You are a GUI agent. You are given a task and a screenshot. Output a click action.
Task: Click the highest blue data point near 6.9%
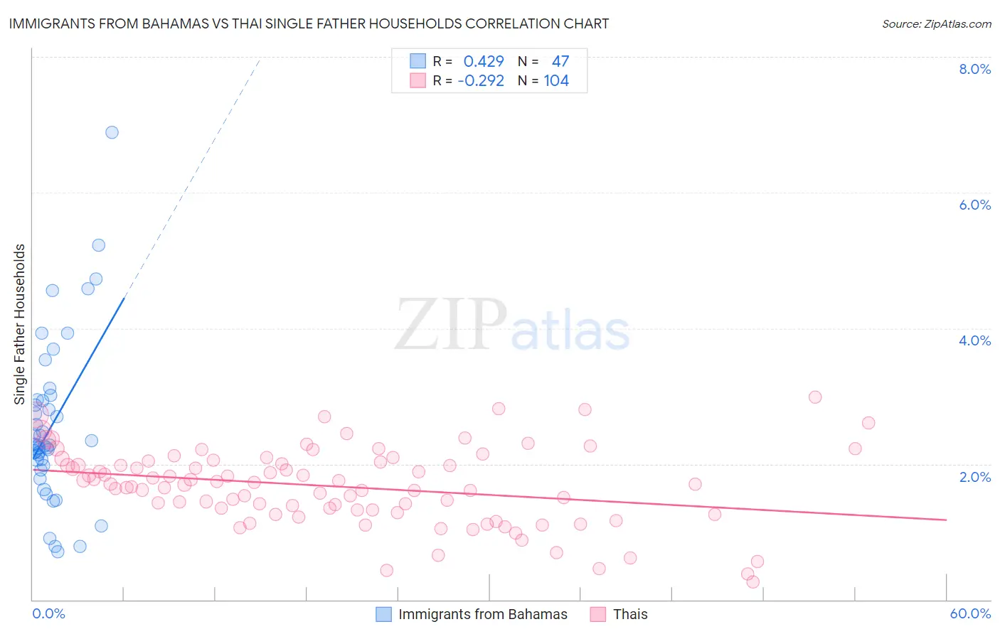tap(112, 132)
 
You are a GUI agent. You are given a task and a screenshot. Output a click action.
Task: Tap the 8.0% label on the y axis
tap(974, 69)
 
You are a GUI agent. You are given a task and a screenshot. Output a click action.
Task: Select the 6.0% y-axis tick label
tap(974, 205)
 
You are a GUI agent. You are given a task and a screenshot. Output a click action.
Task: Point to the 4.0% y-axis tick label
tap(974, 340)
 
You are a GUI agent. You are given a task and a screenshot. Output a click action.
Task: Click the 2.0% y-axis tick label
tap(974, 477)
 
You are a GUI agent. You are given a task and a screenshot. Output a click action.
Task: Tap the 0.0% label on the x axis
tap(48, 613)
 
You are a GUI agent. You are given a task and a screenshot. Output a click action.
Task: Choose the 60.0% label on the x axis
tap(969, 613)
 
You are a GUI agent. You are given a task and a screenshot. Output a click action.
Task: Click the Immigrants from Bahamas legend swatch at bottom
tap(383, 614)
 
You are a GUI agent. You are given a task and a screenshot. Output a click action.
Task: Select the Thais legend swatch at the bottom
tap(597, 614)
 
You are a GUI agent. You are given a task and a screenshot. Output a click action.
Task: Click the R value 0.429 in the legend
tap(484, 62)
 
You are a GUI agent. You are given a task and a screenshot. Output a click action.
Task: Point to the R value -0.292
tap(481, 81)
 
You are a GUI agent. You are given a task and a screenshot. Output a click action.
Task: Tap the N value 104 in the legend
tap(556, 81)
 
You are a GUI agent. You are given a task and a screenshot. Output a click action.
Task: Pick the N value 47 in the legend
tap(560, 62)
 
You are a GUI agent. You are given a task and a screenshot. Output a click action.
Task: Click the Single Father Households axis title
tap(20, 324)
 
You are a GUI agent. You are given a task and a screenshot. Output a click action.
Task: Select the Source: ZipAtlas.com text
tap(936, 24)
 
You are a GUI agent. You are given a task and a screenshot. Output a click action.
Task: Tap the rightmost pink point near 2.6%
tap(868, 423)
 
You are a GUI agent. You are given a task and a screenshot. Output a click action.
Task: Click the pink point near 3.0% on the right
tap(815, 397)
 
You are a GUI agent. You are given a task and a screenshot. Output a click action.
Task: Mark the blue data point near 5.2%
tap(99, 245)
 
